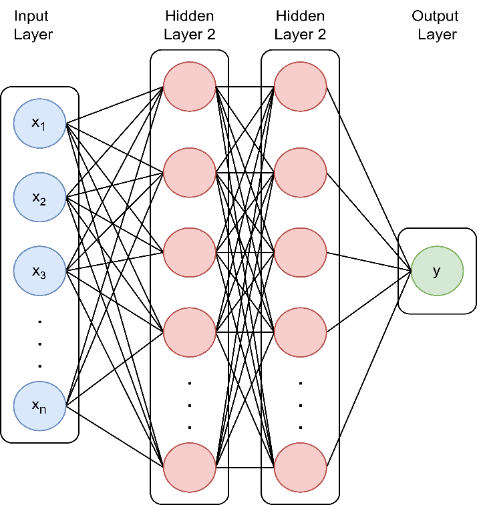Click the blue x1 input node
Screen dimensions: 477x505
coord(39,123)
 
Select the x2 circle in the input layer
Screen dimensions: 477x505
coord(39,197)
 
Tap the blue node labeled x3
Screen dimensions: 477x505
coord(39,271)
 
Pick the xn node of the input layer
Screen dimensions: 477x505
coord(39,406)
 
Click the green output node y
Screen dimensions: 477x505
coord(437,271)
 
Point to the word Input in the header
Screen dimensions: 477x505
coord(31,16)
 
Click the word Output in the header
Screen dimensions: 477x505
coord(435,16)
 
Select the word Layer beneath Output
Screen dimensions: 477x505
coord(437,35)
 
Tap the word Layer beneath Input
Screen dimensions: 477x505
coord(33,35)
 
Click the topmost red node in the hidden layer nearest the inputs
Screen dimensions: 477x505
coord(190,87)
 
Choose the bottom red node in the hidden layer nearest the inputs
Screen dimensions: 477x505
coord(190,468)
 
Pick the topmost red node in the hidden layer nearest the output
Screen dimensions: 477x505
coord(300,87)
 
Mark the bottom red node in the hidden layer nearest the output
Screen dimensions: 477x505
coord(300,468)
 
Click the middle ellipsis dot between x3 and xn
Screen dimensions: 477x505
coord(39,344)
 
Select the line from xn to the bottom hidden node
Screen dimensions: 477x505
coord(114,436)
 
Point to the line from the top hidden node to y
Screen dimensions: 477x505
coord(369,179)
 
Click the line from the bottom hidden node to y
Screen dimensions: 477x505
coord(369,369)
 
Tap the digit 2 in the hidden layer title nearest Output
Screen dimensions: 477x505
coord(321,35)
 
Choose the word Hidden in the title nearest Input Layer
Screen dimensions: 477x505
coord(190,16)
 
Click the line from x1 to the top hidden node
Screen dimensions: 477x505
coord(114,105)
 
